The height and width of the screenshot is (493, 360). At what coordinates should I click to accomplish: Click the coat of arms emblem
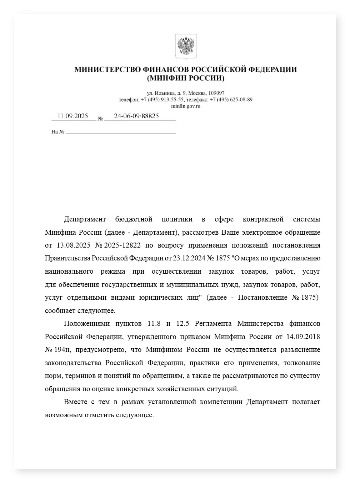186,46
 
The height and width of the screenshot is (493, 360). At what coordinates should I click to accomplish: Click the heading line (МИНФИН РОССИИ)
186,78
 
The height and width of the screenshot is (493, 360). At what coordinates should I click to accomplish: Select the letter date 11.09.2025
72,116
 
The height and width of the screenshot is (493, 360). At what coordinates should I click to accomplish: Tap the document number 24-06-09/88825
136,116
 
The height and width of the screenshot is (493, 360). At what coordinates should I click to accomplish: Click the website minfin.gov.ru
186,106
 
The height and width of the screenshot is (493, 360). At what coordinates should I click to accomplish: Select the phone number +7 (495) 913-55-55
162,100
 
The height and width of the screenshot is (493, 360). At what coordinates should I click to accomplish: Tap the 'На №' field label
58,132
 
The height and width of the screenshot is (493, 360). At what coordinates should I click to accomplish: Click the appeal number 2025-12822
122,245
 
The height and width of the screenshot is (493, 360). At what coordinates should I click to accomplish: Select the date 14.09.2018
302,337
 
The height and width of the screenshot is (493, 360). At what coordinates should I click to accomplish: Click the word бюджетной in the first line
134,219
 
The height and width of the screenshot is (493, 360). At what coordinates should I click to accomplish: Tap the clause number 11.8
154,324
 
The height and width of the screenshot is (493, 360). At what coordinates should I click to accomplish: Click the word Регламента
213,324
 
